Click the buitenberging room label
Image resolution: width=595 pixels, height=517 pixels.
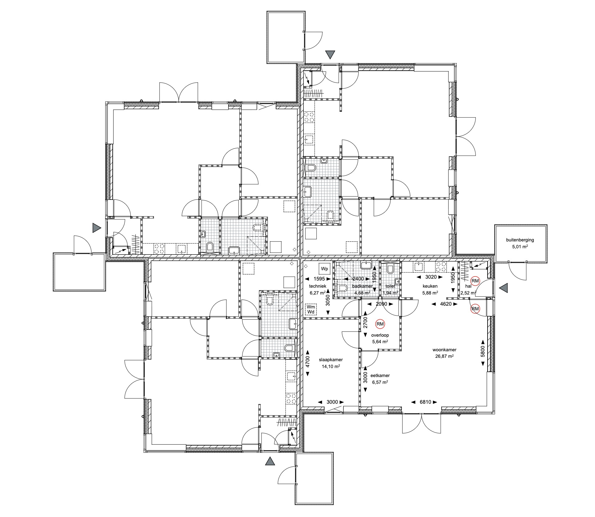tap(520, 240)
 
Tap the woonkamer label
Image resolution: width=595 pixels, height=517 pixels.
tap(444, 350)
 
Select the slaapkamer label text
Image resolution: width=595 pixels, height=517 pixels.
tap(331, 360)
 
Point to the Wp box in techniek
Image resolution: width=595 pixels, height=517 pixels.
tap(325, 268)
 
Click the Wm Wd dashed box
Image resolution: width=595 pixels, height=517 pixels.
tap(311, 309)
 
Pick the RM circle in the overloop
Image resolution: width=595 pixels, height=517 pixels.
tap(380, 324)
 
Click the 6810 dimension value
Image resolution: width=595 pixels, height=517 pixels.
tap(425, 402)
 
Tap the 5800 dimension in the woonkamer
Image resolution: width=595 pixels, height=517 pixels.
tap(482, 352)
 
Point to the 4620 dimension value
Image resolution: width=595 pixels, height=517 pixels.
tap(446, 304)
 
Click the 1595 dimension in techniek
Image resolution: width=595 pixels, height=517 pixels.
tap(319, 279)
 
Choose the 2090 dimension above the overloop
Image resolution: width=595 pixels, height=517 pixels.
tap(381, 304)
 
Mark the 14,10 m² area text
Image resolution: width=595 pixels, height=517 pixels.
tap(331, 366)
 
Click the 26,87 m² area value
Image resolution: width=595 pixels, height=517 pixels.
tap(444, 356)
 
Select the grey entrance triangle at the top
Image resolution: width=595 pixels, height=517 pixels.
tap(330, 55)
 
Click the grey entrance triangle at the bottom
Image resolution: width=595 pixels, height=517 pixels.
tap(270, 461)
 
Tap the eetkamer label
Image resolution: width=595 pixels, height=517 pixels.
tap(380, 375)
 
